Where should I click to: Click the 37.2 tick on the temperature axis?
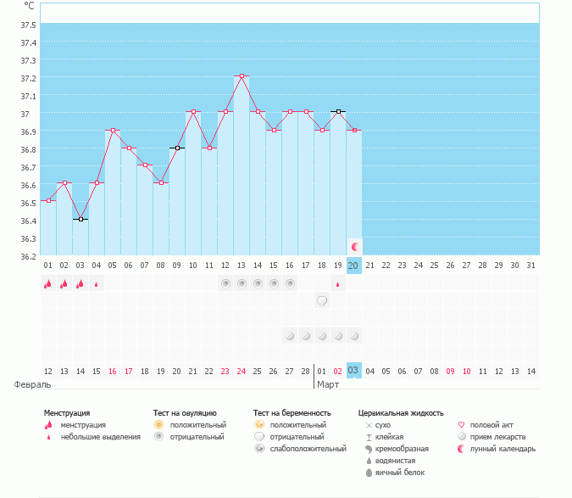pyautogui.click(x=29, y=78)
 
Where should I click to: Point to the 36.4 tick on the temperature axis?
pyautogui.click(x=29, y=221)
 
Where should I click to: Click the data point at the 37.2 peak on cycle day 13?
pyautogui.click(x=242, y=76)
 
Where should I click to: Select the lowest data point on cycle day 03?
pyautogui.click(x=81, y=219)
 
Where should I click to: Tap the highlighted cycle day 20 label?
pyautogui.click(x=353, y=266)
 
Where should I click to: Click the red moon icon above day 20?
pyautogui.click(x=354, y=246)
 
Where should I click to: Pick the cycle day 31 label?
pyautogui.click(x=530, y=266)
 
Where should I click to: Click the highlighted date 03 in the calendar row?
pyautogui.click(x=353, y=371)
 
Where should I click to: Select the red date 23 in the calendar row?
pyautogui.click(x=225, y=371)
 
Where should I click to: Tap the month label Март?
pyautogui.click(x=328, y=384)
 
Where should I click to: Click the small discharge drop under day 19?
pyautogui.click(x=337, y=284)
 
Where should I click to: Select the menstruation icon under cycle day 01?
pyautogui.click(x=48, y=284)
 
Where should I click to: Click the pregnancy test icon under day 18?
pyautogui.click(x=322, y=300)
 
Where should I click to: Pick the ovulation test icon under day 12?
pyautogui.click(x=225, y=283)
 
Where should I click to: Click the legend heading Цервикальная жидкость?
pyautogui.click(x=401, y=413)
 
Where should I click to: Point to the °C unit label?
pyautogui.click(x=29, y=5)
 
